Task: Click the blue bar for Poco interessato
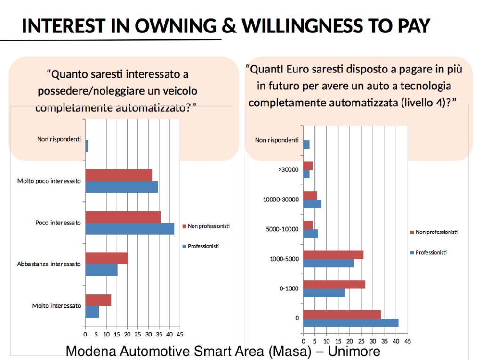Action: pos(129,229)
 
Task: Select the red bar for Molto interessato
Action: pos(98,300)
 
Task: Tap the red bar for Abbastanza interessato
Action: pos(106,258)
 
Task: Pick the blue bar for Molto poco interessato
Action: pos(121,187)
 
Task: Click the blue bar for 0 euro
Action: pos(351,323)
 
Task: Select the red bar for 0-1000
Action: pos(334,285)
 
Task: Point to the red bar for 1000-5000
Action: pos(333,255)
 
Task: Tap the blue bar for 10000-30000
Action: pos(312,204)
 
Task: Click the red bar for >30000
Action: pos(308,166)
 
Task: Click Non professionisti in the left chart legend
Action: pos(209,226)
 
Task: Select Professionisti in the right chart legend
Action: pos(431,253)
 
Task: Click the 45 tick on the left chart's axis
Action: pos(179,335)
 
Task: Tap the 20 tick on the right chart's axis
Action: pos(350,341)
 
